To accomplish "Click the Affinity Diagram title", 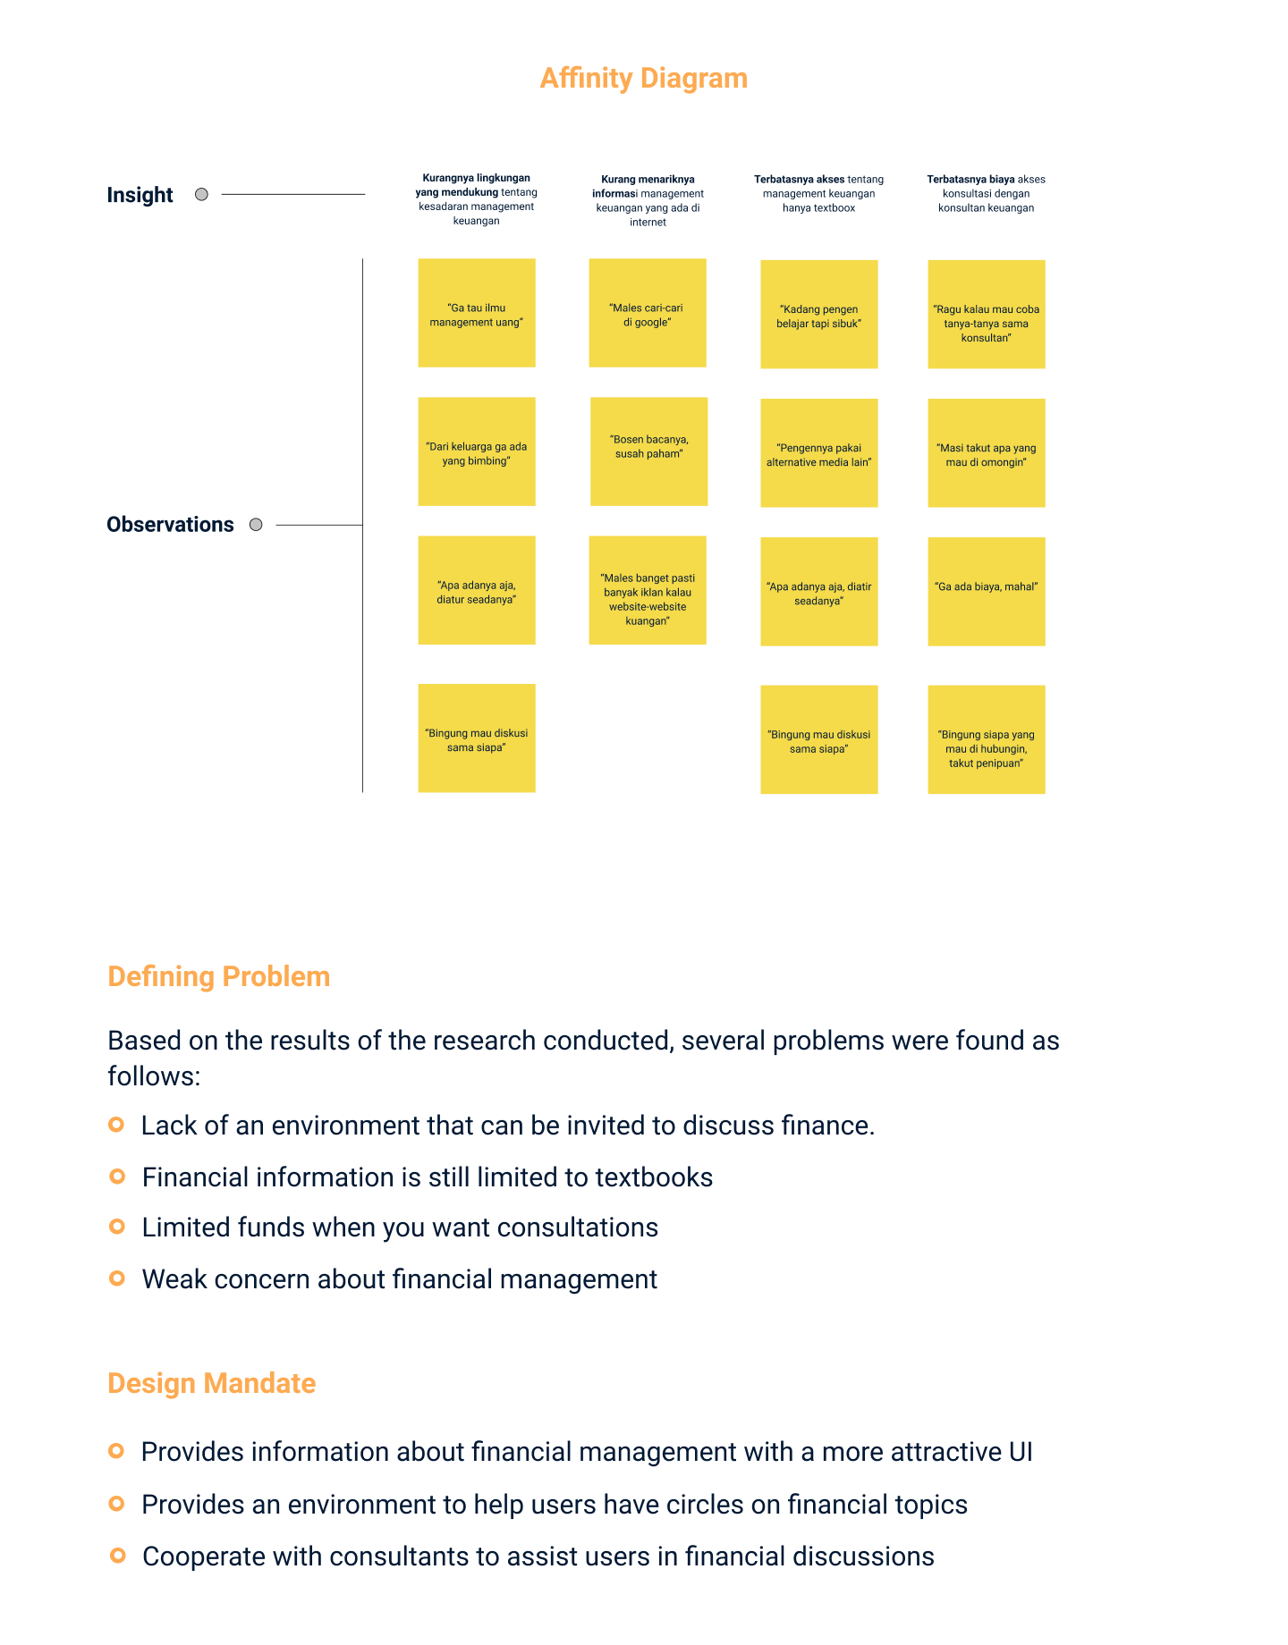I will point(643,79).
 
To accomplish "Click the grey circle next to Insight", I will point(201,194).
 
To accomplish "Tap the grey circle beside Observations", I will point(256,525).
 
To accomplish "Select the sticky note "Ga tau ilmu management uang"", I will point(477,313).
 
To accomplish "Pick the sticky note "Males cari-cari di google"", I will point(648,313).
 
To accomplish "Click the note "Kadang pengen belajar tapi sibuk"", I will point(818,315).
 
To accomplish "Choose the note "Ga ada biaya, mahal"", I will point(986,591).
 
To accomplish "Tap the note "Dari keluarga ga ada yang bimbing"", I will point(477,451).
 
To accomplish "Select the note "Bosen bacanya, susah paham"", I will point(648,451).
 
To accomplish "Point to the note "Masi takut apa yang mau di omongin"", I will point(986,453).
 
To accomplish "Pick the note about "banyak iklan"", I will point(648,590).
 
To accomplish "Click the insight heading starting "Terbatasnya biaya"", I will point(986,193).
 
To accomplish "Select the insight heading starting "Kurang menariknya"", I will point(648,200).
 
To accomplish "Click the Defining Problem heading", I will point(218,976).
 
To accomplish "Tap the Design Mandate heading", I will point(211,1383).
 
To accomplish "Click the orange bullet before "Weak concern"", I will point(116,1278).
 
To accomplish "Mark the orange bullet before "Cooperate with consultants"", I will point(116,1556).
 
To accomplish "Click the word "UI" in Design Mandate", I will point(1021,1452).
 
